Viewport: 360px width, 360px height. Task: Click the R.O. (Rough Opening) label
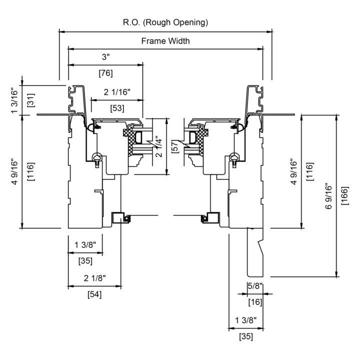pyautogui.click(x=165, y=22)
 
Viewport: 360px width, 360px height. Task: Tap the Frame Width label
pyautogui.click(x=165, y=41)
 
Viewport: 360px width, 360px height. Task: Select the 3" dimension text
pyautogui.click(x=106, y=56)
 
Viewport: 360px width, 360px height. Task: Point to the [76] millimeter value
pyautogui.click(x=105, y=73)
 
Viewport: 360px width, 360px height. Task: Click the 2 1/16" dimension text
pyautogui.click(x=117, y=92)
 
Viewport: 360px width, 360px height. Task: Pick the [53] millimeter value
pyautogui.click(x=117, y=108)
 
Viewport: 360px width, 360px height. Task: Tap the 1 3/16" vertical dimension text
pyautogui.click(x=14, y=101)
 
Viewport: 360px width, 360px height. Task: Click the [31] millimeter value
pyautogui.click(x=31, y=100)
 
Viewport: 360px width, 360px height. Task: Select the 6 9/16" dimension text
pyautogui.click(x=328, y=196)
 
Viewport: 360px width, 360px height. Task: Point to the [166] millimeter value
pyautogui.click(x=344, y=196)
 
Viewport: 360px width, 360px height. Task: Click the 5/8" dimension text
pyautogui.click(x=255, y=286)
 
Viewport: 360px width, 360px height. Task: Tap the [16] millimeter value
pyautogui.click(x=255, y=302)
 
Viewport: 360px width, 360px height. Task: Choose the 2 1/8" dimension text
pyautogui.click(x=94, y=278)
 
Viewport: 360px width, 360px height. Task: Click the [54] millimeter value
pyautogui.click(x=94, y=294)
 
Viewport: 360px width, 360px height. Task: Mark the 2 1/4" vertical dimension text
pyautogui.click(x=158, y=147)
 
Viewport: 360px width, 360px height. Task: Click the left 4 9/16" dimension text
pyautogui.click(x=14, y=171)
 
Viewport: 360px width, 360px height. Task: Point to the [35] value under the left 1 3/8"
pyautogui.click(x=85, y=261)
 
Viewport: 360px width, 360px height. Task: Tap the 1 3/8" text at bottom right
pyautogui.click(x=245, y=320)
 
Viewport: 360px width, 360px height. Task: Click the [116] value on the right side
pyautogui.click(x=310, y=171)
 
